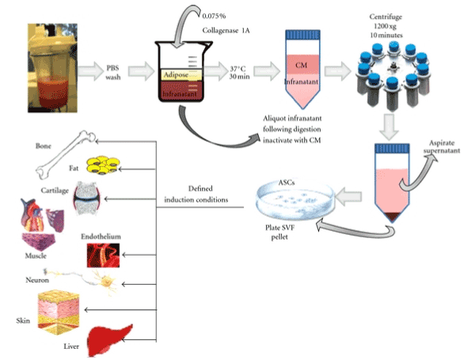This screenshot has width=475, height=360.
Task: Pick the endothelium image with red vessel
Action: (x=105, y=254)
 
